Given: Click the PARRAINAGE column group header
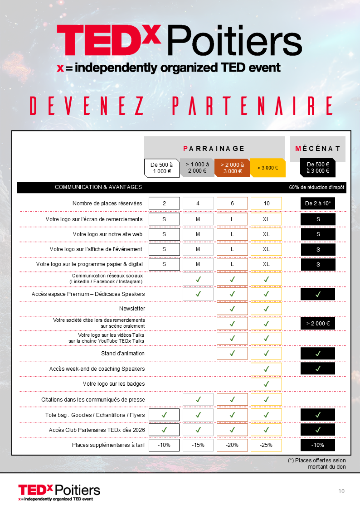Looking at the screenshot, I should point(214,148).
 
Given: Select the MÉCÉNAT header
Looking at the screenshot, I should point(317,148).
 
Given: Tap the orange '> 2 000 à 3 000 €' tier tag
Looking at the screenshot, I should point(232,168).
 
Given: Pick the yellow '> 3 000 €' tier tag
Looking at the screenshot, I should point(268,168).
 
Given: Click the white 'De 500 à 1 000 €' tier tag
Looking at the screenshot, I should point(161,168).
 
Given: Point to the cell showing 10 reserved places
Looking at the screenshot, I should point(266,204).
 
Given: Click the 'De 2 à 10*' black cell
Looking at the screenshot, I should point(318,204).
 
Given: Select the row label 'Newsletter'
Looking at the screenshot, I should point(132,309).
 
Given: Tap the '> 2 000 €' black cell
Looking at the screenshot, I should point(318,324).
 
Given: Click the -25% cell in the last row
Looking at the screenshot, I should point(266,445).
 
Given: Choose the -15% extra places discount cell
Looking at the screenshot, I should point(198,445).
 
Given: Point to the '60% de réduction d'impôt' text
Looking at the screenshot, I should point(317,187).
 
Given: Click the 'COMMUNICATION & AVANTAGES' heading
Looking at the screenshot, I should point(98,187).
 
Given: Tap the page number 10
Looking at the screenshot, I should point(341,491).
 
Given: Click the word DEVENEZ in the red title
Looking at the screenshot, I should point(87,106).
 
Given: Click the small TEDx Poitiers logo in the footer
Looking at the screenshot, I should point(59,492).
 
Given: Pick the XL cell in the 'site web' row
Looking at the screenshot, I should point(266,234).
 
